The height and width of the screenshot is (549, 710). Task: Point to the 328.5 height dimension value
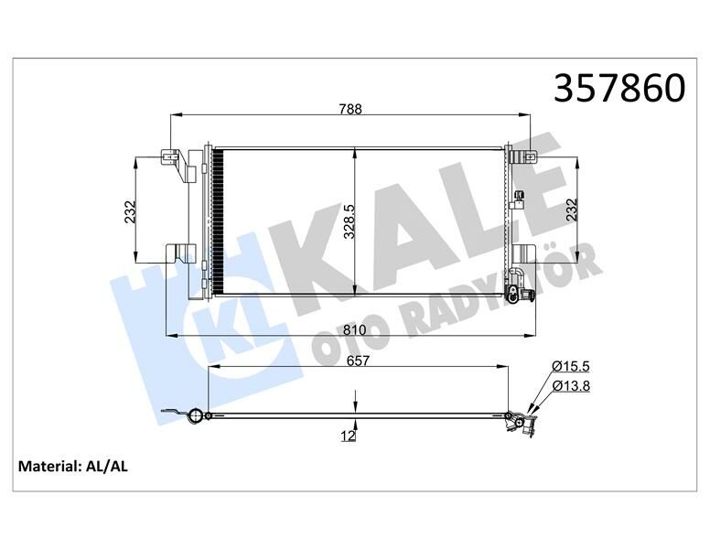(x=348, y=221)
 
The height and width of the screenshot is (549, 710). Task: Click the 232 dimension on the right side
(x=572, y=210)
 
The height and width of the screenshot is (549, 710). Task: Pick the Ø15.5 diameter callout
(x=570, y=366)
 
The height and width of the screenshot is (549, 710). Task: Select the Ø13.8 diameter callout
(x=570, y=385)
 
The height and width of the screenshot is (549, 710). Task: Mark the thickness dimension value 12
(x=348, y=437)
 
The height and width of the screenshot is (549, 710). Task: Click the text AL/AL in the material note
(x=106, y=467)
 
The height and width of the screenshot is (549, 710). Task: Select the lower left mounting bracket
(x=179, y=252)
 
